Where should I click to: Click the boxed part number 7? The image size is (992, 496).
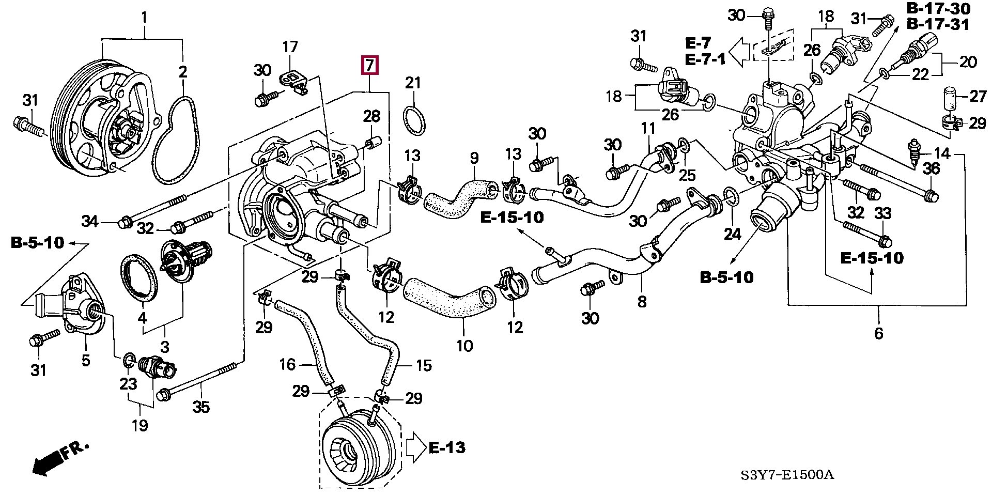pos(370,65)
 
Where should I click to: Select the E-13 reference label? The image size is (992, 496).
pos(447,447)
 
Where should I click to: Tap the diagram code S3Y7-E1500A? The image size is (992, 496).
pos(787,475)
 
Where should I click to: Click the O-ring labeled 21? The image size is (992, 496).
pos(414,120)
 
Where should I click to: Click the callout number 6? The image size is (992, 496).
pos(878,333)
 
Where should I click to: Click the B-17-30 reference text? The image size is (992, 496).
pos(938,8)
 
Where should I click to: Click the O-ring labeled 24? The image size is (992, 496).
pos(731,197)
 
